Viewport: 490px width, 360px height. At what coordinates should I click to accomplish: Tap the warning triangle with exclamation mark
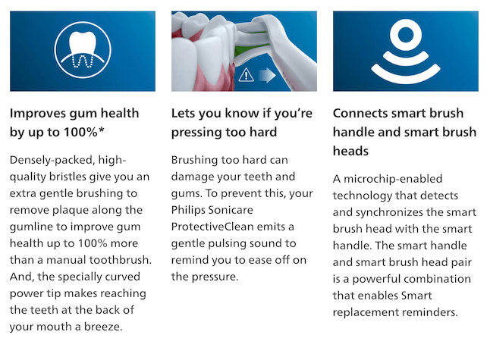click(246, 74)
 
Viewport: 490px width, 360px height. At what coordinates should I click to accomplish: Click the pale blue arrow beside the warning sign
click(267, 76)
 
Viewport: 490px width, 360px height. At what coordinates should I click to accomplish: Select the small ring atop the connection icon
click(406, 34)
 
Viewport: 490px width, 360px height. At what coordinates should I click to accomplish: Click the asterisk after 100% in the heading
click(101, 130)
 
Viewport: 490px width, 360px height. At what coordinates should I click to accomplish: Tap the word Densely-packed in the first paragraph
click(52, 160)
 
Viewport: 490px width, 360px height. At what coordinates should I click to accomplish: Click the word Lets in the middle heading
click(183, 114)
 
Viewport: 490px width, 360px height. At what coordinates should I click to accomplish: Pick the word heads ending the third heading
click(350, 151)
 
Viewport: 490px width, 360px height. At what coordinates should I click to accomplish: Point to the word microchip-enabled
click(393, 179)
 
